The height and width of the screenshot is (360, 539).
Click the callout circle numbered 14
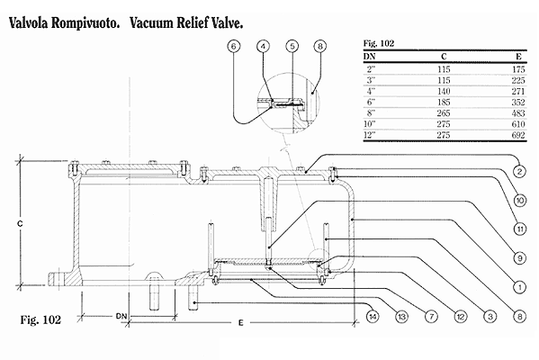[373, 316]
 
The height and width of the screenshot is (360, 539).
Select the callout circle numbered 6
[234, 46]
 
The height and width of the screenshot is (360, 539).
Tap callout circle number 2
[520, 171]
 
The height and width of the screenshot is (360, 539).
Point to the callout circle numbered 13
[401, 316]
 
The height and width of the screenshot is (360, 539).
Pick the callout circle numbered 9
[520, 257]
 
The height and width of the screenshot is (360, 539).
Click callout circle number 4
[263, 46]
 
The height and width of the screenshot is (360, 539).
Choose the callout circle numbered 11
[520, 229]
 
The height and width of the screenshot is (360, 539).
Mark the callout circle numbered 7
[431, 316]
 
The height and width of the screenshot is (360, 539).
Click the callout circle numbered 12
[461, 316]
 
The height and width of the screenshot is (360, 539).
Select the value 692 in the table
[518, 135]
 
